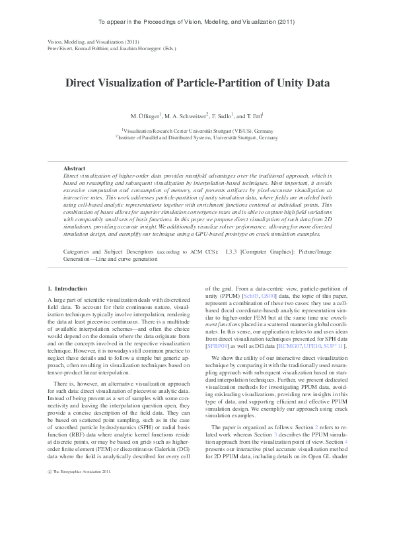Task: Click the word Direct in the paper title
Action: (83, 83)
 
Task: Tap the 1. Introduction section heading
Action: (67, 289)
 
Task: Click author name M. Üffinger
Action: (145, 116)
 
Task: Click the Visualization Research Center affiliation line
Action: (196, 131)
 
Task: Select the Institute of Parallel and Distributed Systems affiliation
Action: (196, 138)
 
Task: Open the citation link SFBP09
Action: (217, 363)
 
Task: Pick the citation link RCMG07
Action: (291, 363)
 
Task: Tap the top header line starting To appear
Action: (196, 22)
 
